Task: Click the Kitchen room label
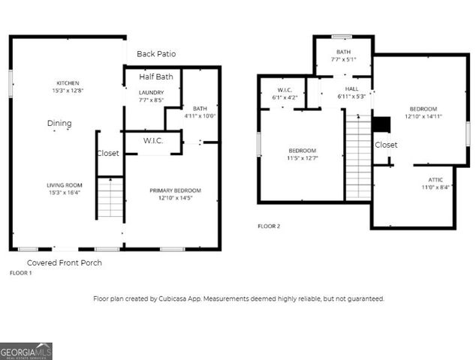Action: [68, 83]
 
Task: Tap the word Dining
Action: [59, 124]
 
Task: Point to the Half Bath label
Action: [156, 76]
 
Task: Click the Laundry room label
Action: [151, 92]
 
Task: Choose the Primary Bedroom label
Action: [175, 190]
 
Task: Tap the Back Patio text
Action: [156, 55]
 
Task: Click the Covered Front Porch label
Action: [65, 262]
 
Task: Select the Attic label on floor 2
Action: [435, 179]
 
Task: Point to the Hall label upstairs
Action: [351, 88]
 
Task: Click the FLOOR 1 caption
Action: [20, 274]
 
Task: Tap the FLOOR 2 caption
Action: [269, 226]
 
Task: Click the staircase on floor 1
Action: [110, 197]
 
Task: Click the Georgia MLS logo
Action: [26, 351]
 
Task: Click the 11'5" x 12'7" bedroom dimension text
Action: [302, 158]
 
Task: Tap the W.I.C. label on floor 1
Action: [153, 140]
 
